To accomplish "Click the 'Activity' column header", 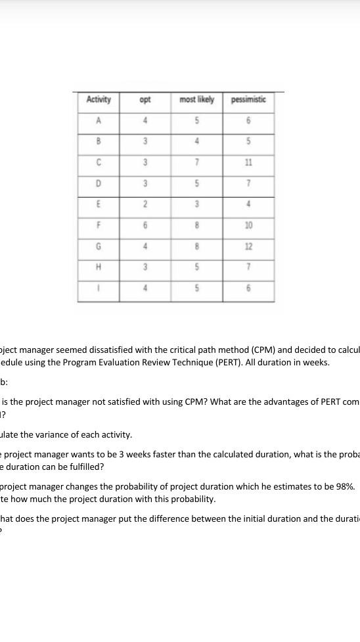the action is point(99,100).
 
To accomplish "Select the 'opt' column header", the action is point(145,100).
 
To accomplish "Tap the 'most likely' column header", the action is point(196,100).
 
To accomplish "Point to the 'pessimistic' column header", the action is point(248,100).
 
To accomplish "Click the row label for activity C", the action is point(99,162).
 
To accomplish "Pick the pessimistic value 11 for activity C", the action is point(248,162).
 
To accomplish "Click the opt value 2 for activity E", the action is point(145,204).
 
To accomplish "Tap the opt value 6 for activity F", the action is point(145,225).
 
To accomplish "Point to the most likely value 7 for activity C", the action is point(196,162).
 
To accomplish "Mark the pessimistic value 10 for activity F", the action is point(248,225).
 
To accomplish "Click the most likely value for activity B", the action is point(196,141).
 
